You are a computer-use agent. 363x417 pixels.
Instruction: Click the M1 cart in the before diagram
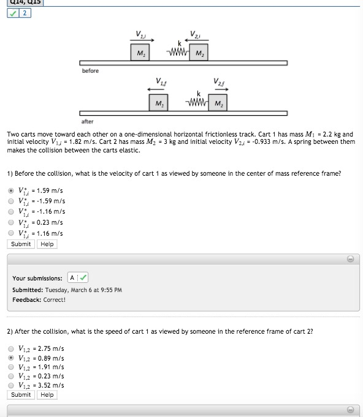click(x=140, y=53)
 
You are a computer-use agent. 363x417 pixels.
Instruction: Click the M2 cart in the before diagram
click(x=199, y=53)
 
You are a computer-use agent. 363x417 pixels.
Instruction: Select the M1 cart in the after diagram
click(x=158, y=103)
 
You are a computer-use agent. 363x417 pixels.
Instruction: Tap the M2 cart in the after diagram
click(x=218, y=103)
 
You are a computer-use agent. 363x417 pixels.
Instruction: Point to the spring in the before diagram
click(x=178, y=52)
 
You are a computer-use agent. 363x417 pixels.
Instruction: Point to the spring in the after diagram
click(x=197, y=102)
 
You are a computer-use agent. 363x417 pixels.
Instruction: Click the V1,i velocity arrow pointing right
click(x=142, y=40)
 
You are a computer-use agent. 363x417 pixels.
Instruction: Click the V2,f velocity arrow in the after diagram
click(x=221, y=89)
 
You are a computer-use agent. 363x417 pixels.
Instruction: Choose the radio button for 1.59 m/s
click(x=11, y=190)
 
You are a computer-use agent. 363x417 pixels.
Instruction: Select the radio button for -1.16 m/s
click(x=11, y=212)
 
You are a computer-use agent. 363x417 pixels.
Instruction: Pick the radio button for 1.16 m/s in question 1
click(x=11, y=233)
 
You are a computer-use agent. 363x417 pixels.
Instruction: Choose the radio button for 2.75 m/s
click(x=11, y=348)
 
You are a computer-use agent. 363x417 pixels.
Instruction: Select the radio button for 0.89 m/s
click(x=11, y=358)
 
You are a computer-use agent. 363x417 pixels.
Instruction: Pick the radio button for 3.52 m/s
click(x=11, y=385)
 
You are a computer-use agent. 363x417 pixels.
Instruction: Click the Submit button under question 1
click(x=21, y=244)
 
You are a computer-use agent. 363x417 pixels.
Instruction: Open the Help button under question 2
click(x=47, y=395)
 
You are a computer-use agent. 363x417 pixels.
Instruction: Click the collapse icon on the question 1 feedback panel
click(x=351, y=259)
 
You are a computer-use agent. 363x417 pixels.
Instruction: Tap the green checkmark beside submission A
click(x=83, y=277)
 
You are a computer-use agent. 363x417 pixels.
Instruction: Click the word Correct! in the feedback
click(x=55, y=299)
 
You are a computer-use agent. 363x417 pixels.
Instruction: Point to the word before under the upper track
click(x=90, y=71)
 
